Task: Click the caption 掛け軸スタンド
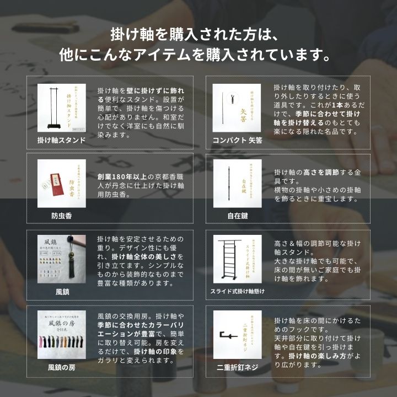click(x=61, y=140)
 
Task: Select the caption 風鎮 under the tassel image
click(x=61, y=291)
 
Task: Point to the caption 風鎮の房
click(x=61, y=367)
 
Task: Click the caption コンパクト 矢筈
click(x=238, y=140)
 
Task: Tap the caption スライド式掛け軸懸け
click(x=238, y=291)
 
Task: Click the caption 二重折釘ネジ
click(x=238, y=367)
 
